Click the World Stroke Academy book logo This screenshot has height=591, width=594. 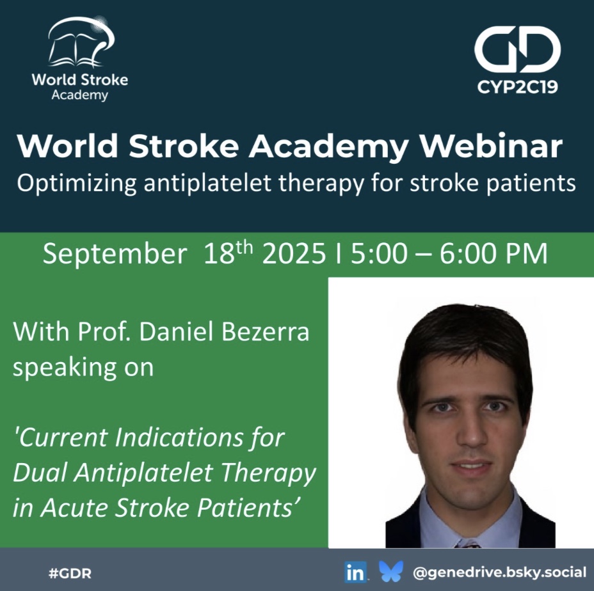(x=81, y=42)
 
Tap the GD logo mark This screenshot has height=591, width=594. (x=517, y=49)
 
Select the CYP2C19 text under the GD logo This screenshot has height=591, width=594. (x=517, y=87)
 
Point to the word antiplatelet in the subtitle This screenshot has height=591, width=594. (x=207, y=183)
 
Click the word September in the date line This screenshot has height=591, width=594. (x=115, y=254)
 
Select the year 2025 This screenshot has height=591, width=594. (x=294, y=253)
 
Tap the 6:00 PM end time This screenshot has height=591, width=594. (x=494, y=253)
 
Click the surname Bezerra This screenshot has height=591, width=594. (x=265, y=332)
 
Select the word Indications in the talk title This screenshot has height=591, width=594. (x=179, y=437)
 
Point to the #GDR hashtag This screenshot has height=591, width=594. (x=70, y=573)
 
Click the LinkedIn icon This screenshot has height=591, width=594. (x=356, y=572)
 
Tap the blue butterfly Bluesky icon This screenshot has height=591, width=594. (x=391, y=572)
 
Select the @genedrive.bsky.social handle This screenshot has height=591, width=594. (x=500, y=572)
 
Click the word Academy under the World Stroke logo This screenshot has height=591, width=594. (x=80, y=95)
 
